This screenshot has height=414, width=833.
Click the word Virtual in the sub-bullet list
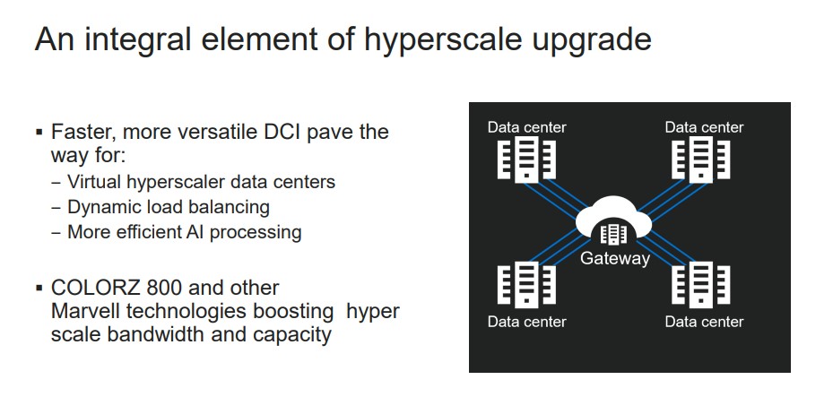coord(95,182)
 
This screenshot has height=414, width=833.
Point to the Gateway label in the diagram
coord(614,258)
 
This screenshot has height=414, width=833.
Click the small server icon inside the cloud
coord(613,234)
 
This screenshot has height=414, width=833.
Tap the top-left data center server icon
coord(526,159)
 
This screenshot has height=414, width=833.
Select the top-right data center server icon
coord(701,159)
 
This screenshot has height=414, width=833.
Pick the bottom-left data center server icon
coord(526,284)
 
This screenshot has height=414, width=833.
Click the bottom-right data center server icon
coord(701,284)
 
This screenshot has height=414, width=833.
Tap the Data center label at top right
coord(704,127)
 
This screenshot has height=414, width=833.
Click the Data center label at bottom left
coord(527,322)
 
